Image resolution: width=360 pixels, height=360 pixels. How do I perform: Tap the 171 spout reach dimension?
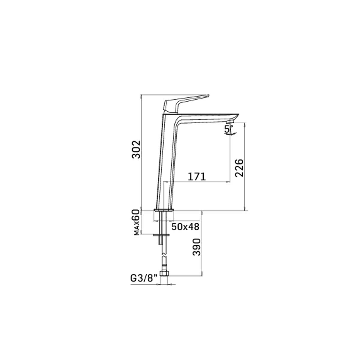point(197,176)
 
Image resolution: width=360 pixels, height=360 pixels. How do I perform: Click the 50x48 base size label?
point(185,226)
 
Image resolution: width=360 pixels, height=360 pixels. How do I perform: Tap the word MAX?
point(137,229)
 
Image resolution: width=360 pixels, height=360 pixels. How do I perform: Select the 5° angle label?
point(228,129)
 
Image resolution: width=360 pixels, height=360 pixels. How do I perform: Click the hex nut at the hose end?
point(163,273)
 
